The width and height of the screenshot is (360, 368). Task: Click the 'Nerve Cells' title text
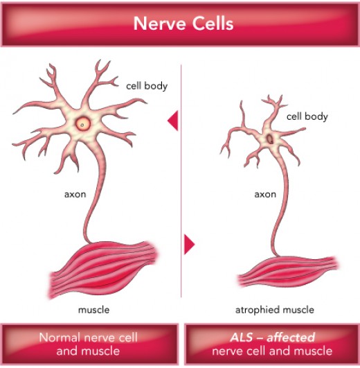coord(183,24)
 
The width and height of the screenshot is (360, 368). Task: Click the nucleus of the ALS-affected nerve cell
coord(270,139)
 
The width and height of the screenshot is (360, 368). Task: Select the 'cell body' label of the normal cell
coord(147,86)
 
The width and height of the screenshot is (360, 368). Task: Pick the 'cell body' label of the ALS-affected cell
coord(307,116)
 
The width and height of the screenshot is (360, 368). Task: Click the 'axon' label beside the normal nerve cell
coord(75,195)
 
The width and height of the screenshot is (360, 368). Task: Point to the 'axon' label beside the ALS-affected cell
coord(265,195)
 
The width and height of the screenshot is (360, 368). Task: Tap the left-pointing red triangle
coord(173,121)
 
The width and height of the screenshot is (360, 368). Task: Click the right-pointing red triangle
coord(190,245)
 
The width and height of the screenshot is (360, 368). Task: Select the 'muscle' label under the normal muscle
coord(93,310)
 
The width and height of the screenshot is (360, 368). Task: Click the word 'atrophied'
coord(257,310)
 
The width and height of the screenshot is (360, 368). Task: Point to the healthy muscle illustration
coord(103,270)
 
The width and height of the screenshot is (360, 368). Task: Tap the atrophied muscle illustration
coord(287,272)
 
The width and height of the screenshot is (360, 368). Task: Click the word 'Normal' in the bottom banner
coord(60,338)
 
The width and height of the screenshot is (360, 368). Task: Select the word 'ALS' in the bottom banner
coord(241,338)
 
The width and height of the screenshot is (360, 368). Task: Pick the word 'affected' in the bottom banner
coord(291,338)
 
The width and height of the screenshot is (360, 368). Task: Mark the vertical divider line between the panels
coord(181,181)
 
